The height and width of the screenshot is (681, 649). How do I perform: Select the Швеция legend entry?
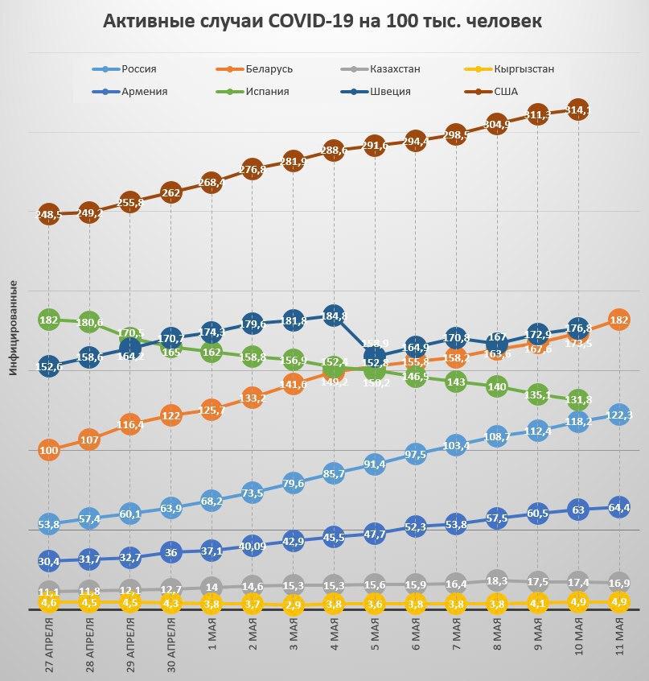389,91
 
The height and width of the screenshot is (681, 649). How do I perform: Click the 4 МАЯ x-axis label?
334,636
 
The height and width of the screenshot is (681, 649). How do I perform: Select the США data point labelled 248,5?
48,215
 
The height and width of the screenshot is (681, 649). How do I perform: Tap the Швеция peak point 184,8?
334,316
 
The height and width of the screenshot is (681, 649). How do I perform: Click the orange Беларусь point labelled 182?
618,320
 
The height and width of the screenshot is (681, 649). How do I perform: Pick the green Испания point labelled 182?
49,320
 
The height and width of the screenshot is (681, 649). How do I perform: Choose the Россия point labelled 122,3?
618,415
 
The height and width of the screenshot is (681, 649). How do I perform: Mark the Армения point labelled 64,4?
618,508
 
